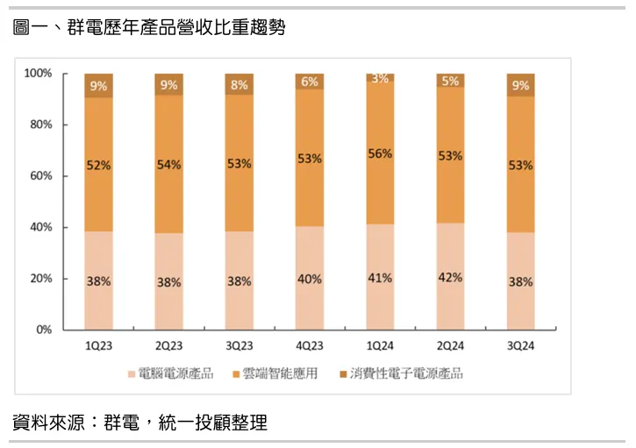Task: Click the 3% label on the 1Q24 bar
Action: [380, 78]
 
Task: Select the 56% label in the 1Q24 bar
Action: [380, 153]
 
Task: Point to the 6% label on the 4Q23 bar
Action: [310, 82]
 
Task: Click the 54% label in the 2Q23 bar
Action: [169, 164]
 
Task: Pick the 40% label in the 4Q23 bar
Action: [310, 279]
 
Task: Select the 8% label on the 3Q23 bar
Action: [239, 85]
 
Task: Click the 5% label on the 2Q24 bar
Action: [450, 81]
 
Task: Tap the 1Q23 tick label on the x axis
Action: [98, 346]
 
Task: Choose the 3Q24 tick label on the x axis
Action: [520, 346]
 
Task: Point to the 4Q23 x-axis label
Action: [310, 346]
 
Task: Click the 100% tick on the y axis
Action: [39, 74]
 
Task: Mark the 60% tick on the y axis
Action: [41, 176]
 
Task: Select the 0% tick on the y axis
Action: [45, 331]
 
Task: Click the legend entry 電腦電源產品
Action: [175, 373]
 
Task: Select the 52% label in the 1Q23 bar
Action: [98, 165]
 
